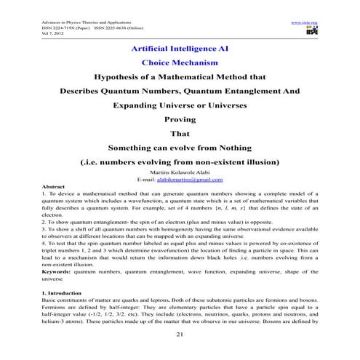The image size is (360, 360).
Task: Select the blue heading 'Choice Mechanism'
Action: tap(179, 63)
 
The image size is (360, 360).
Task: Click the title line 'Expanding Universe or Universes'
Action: tap(179, 105)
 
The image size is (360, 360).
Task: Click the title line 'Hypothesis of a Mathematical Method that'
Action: tap(179, 78)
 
